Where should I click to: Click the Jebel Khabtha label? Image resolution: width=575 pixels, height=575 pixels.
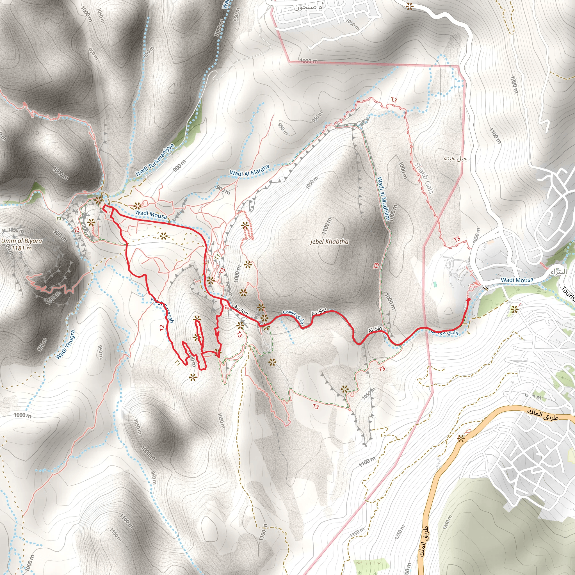pos(329,242)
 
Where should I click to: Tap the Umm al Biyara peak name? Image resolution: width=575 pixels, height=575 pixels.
pos(22,241)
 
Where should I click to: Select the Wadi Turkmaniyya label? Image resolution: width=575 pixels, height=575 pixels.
pos(155,160)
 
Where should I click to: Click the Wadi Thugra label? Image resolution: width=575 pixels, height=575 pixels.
pos(65,345)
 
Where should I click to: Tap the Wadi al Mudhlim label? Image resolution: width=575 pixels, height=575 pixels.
pos(383,199)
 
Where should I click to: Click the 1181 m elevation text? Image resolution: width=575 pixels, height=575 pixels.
pos(21,248)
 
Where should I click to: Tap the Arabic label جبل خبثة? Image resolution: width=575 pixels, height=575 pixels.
pos(455,158)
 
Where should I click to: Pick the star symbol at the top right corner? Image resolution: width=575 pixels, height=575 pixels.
pos(410,6)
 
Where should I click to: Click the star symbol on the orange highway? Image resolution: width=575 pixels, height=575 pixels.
pos(461,438)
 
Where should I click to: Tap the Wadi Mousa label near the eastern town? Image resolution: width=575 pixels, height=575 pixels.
pos(517,280)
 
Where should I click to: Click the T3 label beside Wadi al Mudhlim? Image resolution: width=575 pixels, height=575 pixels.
pos(376,266)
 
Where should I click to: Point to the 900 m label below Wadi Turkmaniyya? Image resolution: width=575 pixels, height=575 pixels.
pos(179,166)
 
